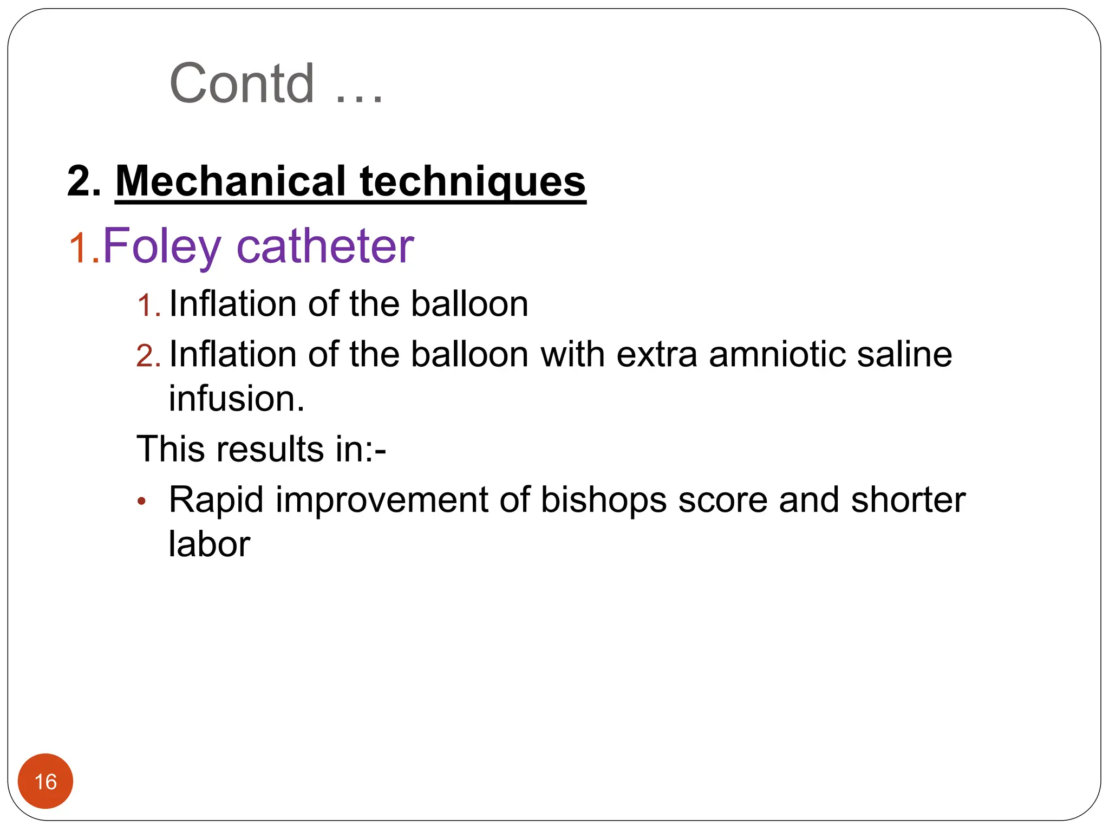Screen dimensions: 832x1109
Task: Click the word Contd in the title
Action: (242, 83)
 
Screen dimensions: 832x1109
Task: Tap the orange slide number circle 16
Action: (45, 781)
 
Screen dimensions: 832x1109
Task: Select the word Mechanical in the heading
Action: (231, 181)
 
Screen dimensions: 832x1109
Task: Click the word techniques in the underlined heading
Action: (473, 181)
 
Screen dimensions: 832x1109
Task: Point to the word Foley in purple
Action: (162, 247)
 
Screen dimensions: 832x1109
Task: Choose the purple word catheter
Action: (325, 247)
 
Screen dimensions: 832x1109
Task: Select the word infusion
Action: (237, 399)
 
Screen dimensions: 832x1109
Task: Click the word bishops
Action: (604, 500)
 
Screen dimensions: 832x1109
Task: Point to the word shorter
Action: (908, 500)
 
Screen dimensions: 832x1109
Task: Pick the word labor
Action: (209, 544)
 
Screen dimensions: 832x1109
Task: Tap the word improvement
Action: (382, 500)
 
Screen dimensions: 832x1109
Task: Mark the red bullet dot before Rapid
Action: (142, 501)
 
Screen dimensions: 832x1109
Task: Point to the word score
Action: (723, 500)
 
